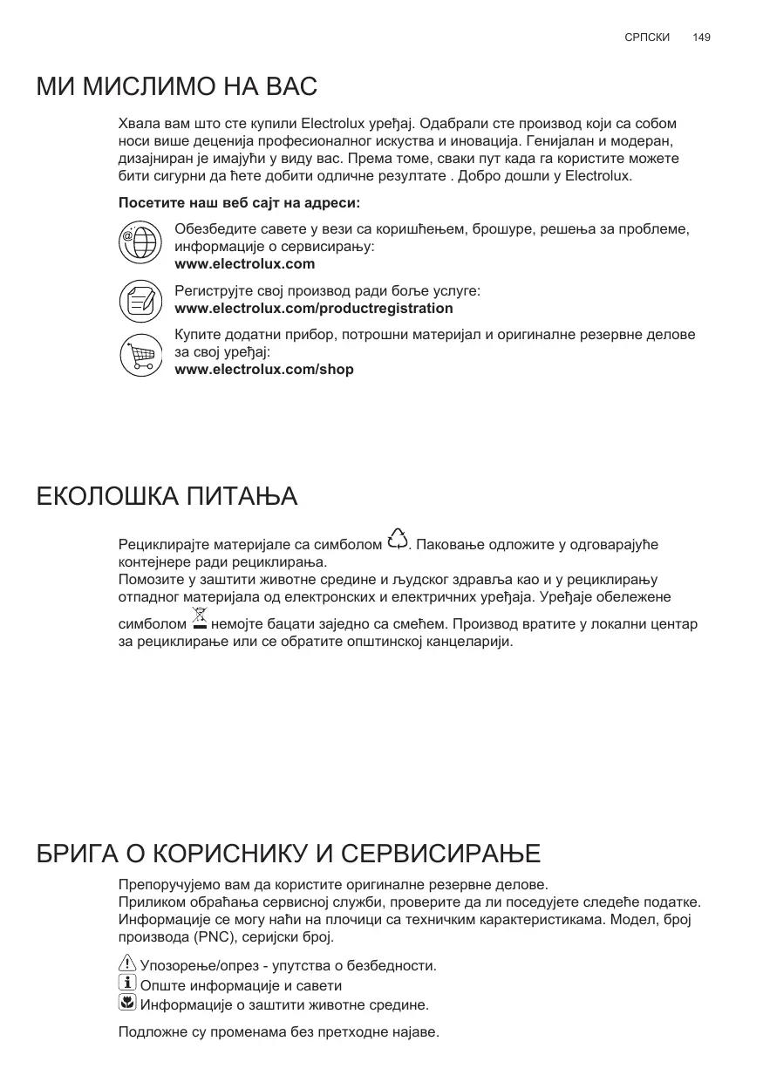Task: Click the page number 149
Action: [x=701, y=37]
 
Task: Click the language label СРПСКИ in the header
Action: [x=648, y=37]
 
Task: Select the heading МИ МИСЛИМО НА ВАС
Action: [x=177, y=87]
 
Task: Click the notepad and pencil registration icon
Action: [x=140, y=300]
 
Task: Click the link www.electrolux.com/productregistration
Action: [x=314, y=309]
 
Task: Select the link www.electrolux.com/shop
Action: [x=264, y=370]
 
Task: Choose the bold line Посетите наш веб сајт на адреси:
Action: [x=239, y=203]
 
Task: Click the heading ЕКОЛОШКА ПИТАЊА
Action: [x=167, y=497]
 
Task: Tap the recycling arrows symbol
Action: [x=397, y=540]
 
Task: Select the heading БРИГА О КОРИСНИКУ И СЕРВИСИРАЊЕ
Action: [x=289, y=853]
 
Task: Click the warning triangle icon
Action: [x=126, y=964]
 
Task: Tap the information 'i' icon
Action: [x=126, y=984]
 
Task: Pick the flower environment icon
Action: [x=126, y=1004]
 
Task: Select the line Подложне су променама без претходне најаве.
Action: [x=278, y=1033]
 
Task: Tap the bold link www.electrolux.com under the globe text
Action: [x=245, y=264]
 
